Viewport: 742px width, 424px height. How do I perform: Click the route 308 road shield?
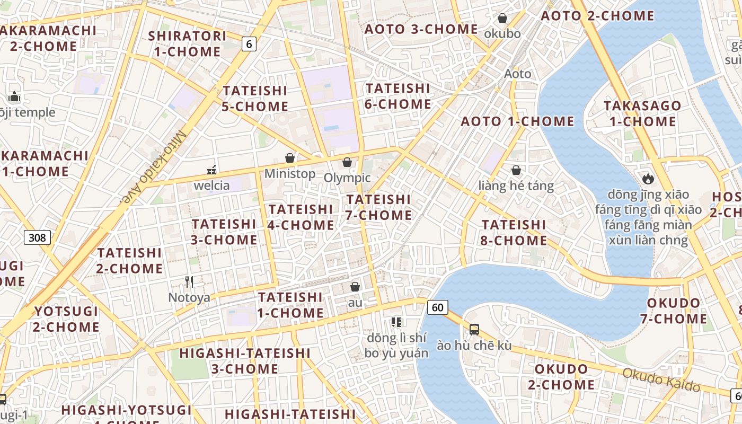click(37, 237)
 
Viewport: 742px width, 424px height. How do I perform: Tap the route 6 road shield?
click(249, 44)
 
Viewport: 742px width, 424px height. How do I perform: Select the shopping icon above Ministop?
click(290, 158)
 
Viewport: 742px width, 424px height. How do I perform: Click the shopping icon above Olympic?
click(347, 162)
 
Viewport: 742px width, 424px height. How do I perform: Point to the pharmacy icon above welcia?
click(211, 170)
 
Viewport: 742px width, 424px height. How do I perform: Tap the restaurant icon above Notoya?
click(189, 282)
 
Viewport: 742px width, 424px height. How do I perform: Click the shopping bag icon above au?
click(355, 287)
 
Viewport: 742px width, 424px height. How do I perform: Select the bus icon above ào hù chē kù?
click(474, 330)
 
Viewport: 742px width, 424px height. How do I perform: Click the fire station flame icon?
click(648, 179)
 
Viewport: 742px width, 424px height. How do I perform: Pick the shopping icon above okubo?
click(502, 19)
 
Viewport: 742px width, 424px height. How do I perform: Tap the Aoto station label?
click(517, 74)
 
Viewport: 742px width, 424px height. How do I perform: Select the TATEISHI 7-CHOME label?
click(378, 207)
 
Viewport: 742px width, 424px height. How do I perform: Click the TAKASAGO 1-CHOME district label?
click(642, 113)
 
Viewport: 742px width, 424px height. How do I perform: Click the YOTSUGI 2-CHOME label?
click(66, 319)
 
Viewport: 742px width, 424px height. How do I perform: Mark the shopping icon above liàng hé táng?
click(516, 170)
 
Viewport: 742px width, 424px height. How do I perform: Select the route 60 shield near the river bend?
click(437, 307)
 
